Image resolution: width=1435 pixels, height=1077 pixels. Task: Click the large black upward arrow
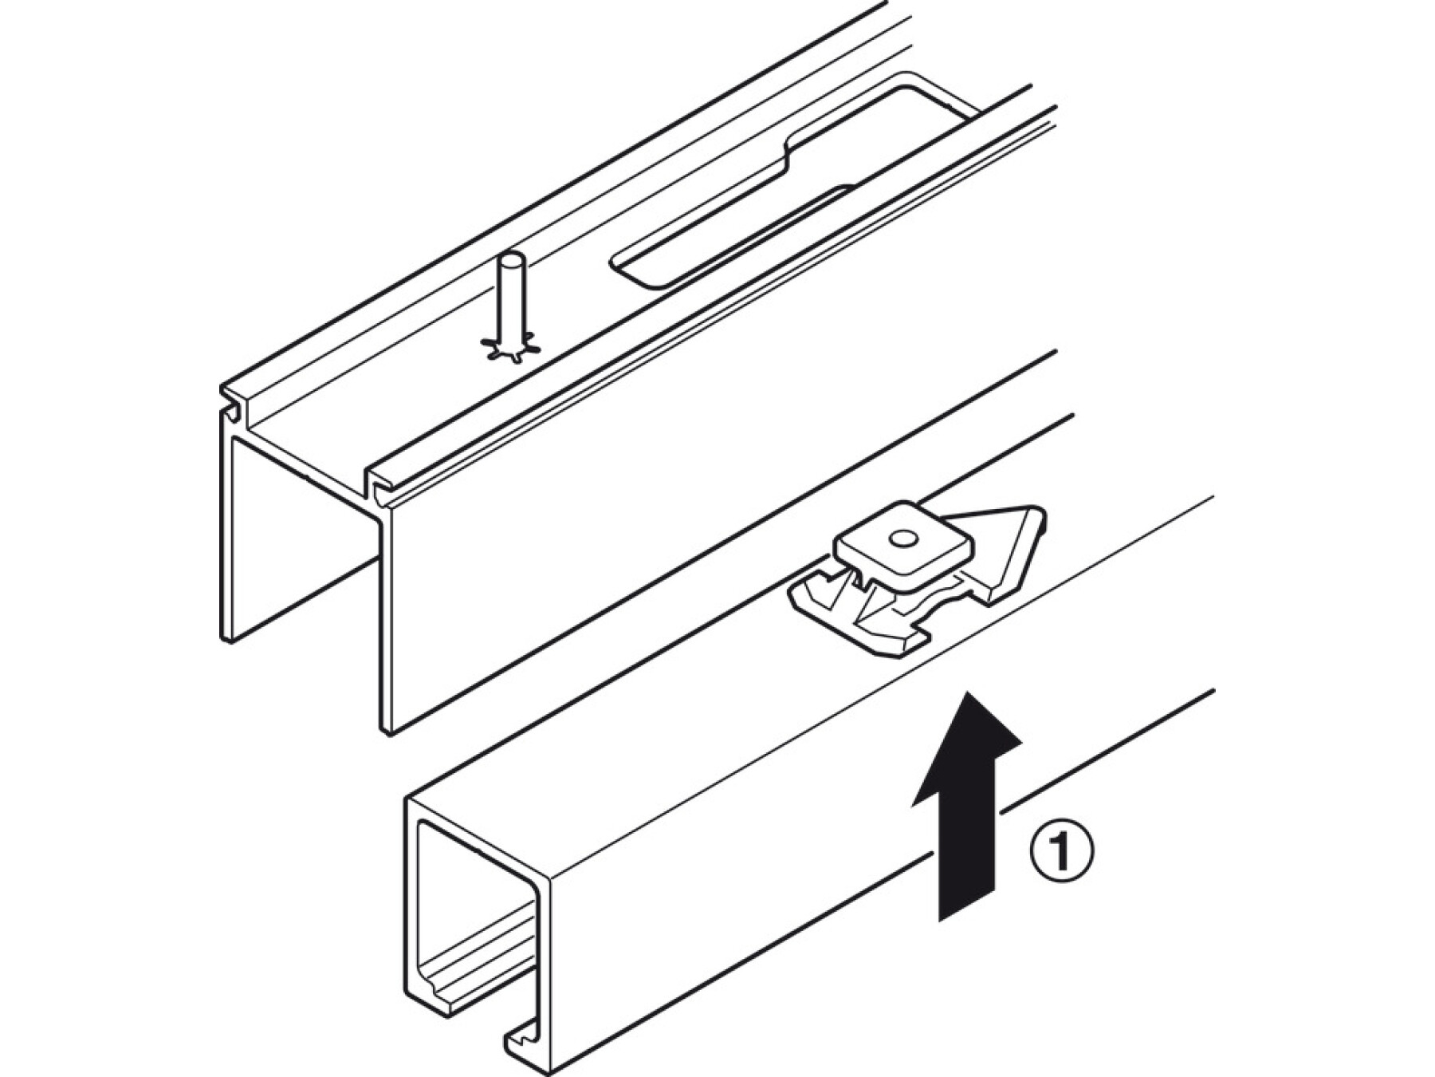click(967, 806)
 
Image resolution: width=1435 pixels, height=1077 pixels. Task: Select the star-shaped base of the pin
click(511, 348)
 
